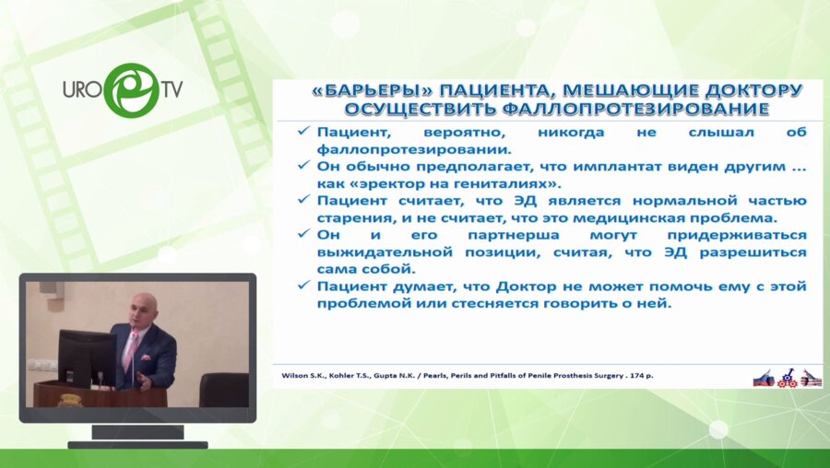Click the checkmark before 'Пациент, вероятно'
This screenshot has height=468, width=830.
pos(302,132)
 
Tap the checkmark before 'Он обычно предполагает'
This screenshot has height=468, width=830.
pos(302,166)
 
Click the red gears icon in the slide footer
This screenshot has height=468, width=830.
pos(788,377)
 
